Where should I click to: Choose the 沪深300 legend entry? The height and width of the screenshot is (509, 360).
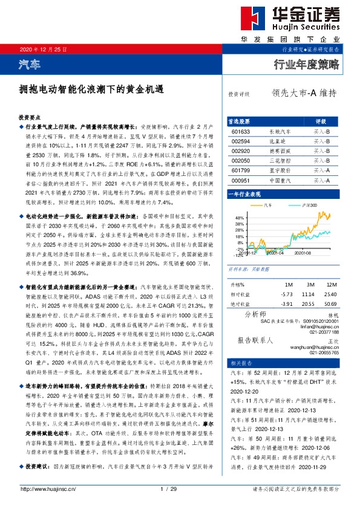[x=301, y=206]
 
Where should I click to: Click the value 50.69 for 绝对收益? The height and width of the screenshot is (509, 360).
[x=330, y=303]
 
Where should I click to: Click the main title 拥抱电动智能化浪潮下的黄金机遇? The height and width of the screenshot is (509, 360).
[x=91, y=88]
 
